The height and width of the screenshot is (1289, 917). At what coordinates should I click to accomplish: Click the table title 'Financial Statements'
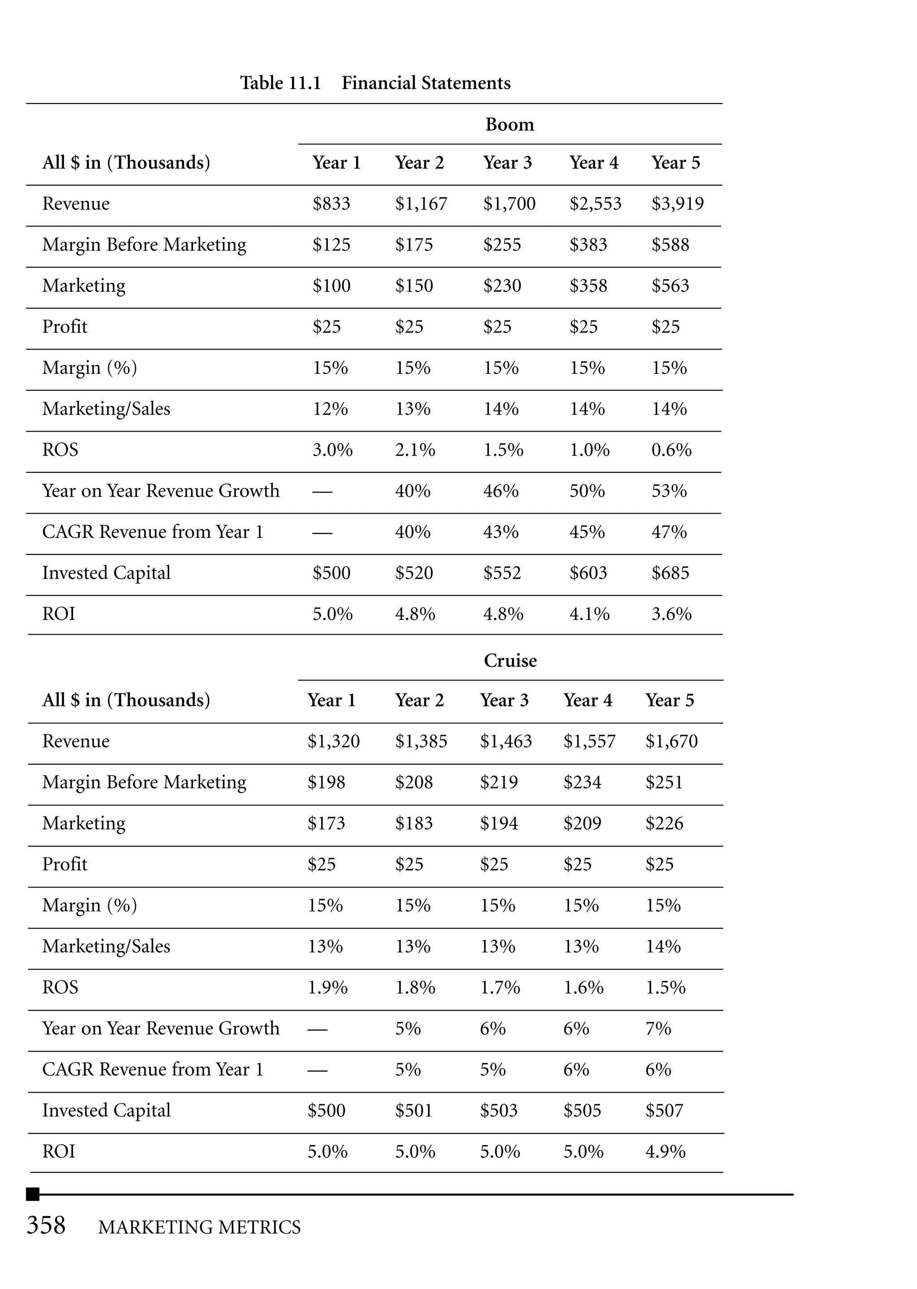tap(426, 83)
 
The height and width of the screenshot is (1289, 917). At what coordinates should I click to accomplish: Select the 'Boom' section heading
tap(509, 124)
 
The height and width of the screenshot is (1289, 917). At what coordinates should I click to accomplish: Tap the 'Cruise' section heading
tap(510, 660)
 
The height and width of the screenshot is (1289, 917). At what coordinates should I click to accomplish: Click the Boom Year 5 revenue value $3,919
tap(677, 203)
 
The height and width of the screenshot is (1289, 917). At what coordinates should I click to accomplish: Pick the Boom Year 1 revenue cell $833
tap(331, 203)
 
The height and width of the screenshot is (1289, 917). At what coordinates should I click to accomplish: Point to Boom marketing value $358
tap(588, 285)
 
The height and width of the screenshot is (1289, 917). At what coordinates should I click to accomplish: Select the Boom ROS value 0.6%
tap(671, 450)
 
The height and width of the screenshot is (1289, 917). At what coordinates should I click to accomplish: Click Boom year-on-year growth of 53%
tap(668, 490)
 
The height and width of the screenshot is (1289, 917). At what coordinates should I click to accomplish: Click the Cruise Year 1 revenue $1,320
tap(333, 741)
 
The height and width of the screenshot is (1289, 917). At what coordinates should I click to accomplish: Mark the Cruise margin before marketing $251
tap(664, 782)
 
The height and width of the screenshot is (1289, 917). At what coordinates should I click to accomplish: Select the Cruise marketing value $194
tap(499, 823)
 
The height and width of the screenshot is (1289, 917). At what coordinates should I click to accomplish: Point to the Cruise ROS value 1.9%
tap(327, 987)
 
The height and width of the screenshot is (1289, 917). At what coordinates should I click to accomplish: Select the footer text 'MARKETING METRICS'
tap(199, 1227)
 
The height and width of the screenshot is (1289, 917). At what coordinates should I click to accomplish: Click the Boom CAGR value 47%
tap(668, 532)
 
